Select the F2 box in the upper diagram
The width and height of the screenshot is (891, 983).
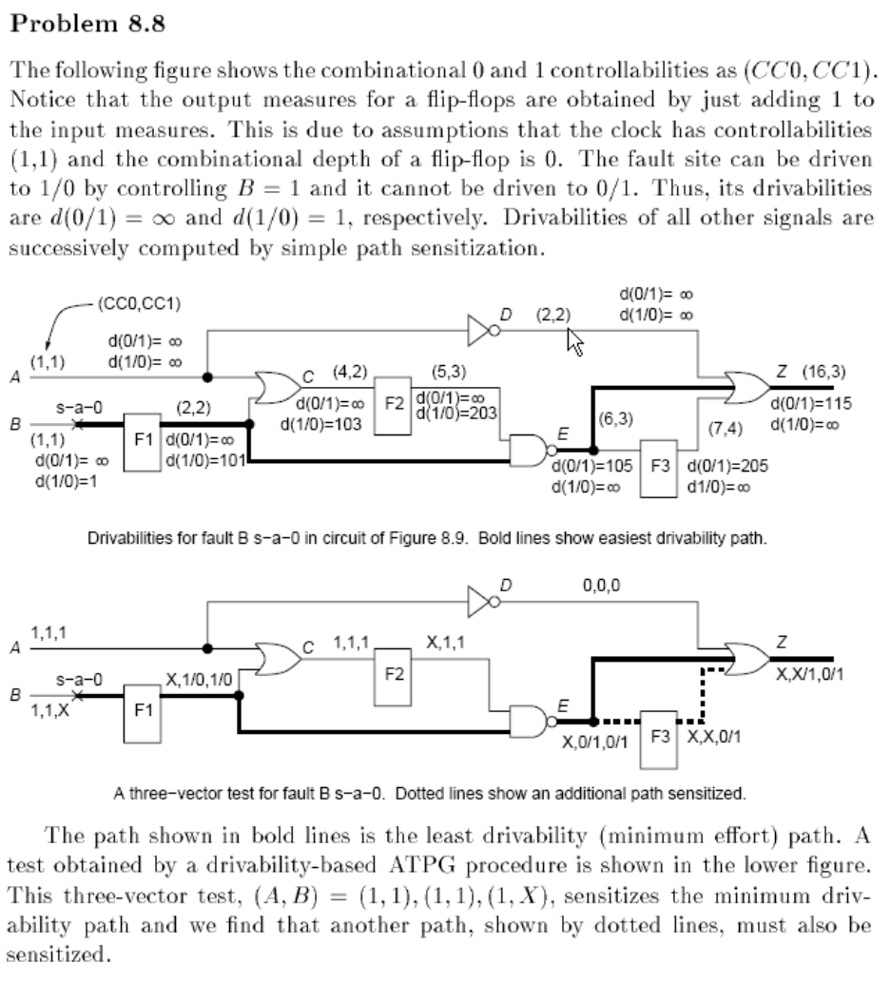click(393, 405)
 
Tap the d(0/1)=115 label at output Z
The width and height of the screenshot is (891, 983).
click(810, 402)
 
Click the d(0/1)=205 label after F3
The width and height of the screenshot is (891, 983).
click(727, 466)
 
